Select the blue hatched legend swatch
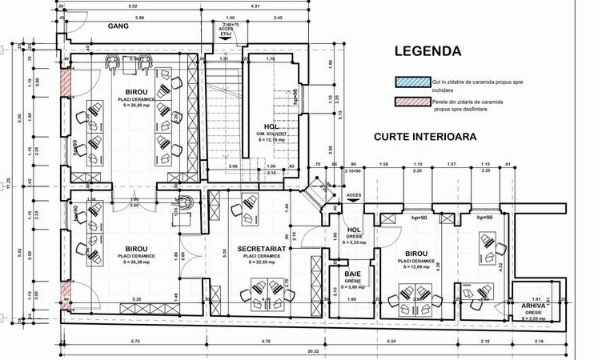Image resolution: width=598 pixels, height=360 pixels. [x=411, y=82]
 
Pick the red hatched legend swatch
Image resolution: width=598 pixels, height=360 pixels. [x=411, y=102]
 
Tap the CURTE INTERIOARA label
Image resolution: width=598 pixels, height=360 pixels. [x=425, y=137]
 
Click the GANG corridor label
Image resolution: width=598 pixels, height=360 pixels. [x=118, y=26]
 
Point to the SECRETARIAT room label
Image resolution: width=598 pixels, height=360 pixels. [x=263, y=250]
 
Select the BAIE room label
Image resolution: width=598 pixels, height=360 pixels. [x=353, y=274]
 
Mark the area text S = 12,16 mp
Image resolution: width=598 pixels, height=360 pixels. [x=272, y=139]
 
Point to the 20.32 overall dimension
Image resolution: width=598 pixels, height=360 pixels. [x=311, y=350]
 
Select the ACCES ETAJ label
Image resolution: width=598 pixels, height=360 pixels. [x=225, y=31]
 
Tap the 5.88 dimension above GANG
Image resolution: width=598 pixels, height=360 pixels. [x=139, y=17]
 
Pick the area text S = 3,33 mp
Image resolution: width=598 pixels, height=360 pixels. [x=353, y=242]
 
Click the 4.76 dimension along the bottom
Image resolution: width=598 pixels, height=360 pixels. [x=265, y=342]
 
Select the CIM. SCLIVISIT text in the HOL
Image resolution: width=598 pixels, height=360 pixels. [x=272, y=133]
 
